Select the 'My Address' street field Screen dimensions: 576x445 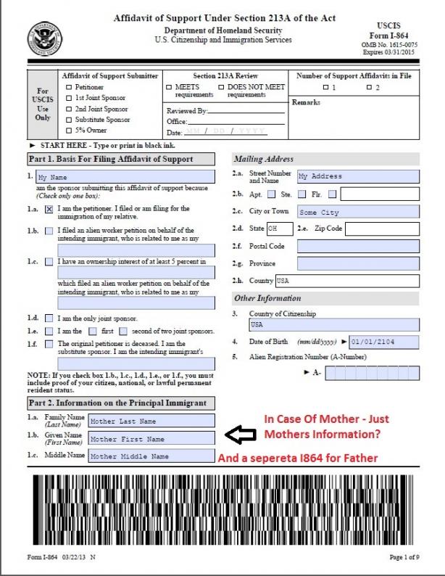point(358,176)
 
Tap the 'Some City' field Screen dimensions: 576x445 point(358,212)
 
